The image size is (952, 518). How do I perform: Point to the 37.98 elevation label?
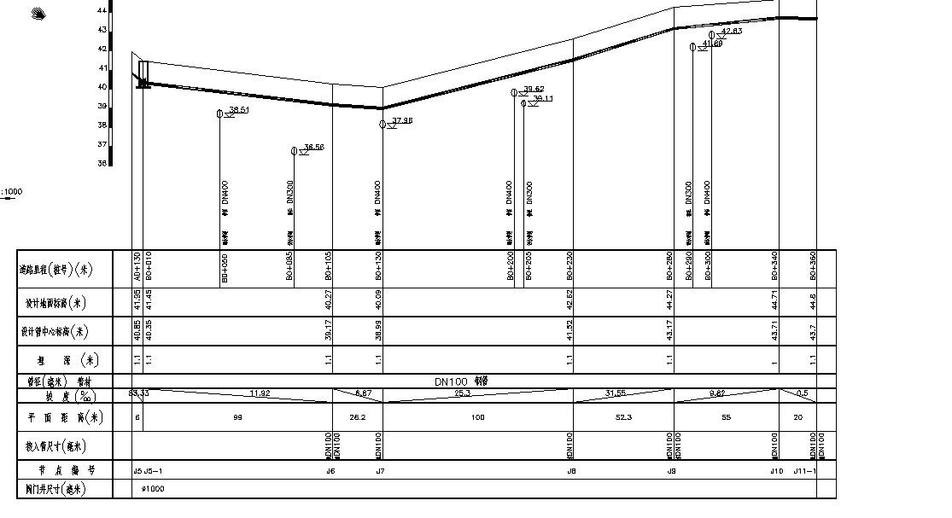(402, 121)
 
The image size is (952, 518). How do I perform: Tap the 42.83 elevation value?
(732, 32)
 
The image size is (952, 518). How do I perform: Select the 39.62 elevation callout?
(534, 89)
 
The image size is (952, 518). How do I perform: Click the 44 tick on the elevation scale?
(102, 10)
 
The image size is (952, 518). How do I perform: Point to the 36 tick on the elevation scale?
(102, 163)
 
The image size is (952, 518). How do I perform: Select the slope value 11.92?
(260, 393)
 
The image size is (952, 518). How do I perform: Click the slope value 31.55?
(615, 393)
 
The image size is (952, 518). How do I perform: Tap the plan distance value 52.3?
(623, 417)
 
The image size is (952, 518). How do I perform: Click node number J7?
(380, 471)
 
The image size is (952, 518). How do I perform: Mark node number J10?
(775, 471)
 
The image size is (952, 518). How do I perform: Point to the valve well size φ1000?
(153, 489)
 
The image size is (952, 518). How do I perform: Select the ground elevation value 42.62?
(569, 302)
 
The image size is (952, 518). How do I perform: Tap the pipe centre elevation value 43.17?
(670, 331)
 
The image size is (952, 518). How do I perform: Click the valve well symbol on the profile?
(143, 73)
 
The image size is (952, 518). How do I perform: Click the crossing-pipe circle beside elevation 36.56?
(294, 151)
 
